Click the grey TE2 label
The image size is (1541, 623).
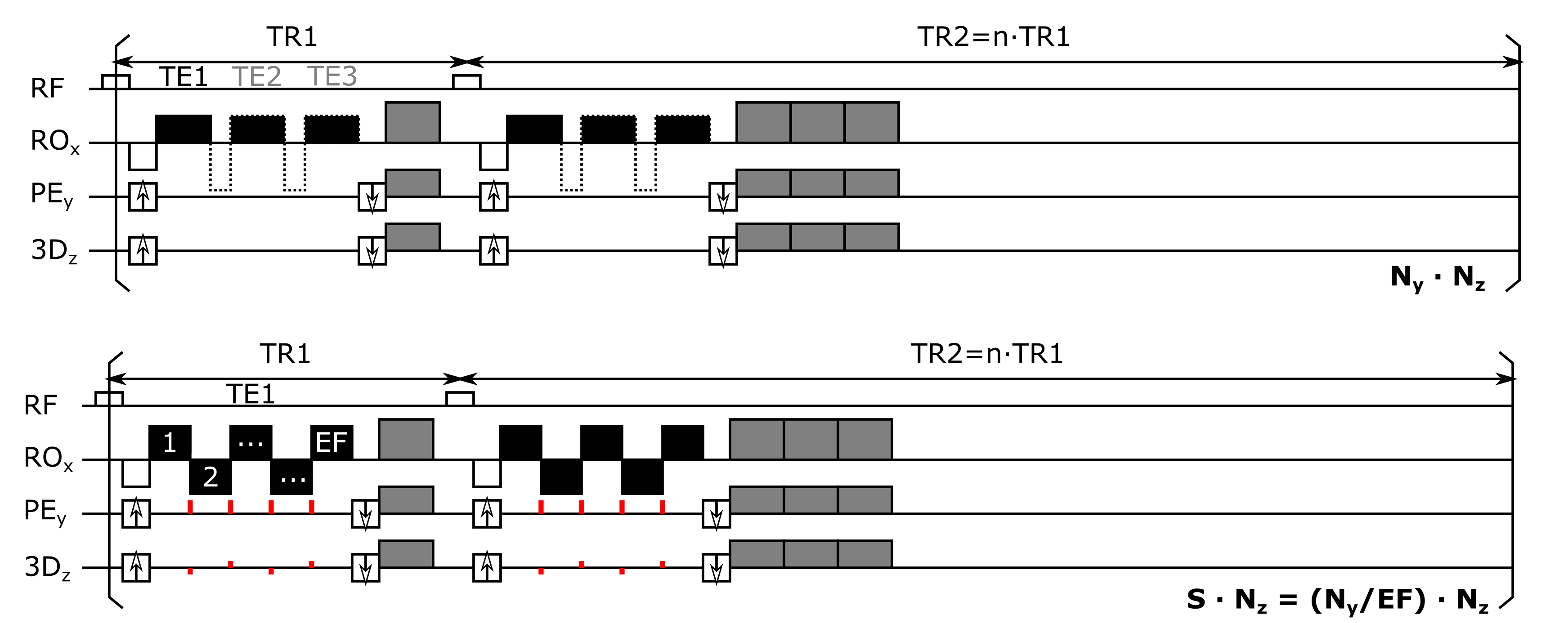(x=256, y=76)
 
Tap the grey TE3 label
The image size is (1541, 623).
(x=332, y=76)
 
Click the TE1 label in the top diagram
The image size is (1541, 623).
(x=183, y=76)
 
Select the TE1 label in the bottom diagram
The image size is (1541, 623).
(x=251, y=394)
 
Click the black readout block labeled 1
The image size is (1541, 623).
(x=170, y=442)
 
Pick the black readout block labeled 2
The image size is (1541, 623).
(x=210, y=476)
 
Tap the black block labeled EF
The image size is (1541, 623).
(x=331, y=442)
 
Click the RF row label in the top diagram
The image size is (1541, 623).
(x=47, y=89)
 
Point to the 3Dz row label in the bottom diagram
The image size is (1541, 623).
(x=47, y=567)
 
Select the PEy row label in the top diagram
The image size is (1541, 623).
(x=51, y=195)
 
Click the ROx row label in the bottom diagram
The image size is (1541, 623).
(x=48, y=458)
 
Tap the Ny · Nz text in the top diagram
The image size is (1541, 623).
(x=1438, y=277)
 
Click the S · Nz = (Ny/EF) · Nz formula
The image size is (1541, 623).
(x=1337, y=600)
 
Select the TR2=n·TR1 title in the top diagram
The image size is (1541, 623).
(x=993, y=37)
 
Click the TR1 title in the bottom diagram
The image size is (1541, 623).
(x=285, y=354)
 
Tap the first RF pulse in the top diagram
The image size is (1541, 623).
(x=116, y=82)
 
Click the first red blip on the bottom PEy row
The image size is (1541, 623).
(x=190, y=507)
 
